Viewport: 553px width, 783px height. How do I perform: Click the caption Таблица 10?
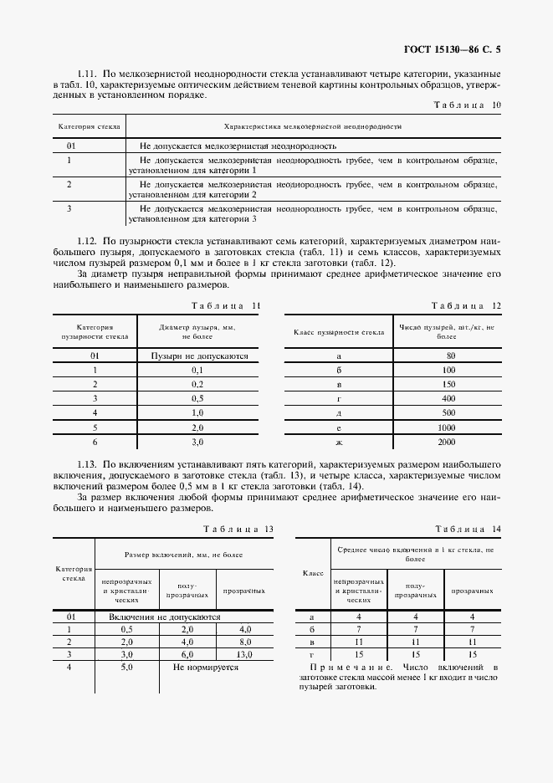click(467, 105)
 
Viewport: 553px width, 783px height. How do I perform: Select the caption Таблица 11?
click(226, 305)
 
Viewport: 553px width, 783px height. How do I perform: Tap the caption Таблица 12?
click(466, 305)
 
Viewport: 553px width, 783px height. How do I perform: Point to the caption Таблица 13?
click(238, 529)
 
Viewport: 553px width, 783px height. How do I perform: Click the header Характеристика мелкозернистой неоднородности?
click(314, 126)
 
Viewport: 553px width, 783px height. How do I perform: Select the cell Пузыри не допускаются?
click(199, 356)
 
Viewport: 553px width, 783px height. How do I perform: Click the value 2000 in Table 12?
click(446, 441)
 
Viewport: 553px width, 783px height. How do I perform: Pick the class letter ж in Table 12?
click(339, 441)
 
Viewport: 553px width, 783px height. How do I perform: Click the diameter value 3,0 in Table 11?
click(198, 441)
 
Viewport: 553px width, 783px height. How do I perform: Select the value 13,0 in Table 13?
click(245, 654)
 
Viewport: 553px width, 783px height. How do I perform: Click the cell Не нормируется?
click(206, 668)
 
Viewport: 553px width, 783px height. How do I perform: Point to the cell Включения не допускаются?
click(165, 616)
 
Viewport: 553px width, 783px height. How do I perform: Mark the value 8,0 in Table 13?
click(245, 642)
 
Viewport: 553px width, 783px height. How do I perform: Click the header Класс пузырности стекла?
click(339, 332)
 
